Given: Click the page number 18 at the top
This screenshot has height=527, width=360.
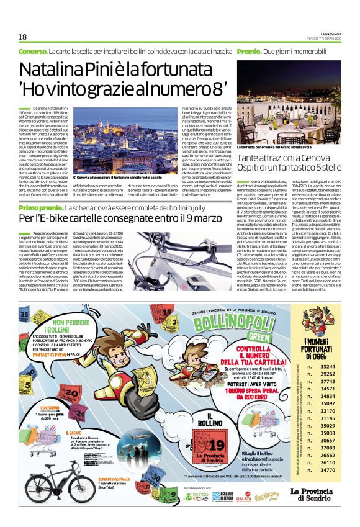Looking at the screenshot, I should coord(22,37).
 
